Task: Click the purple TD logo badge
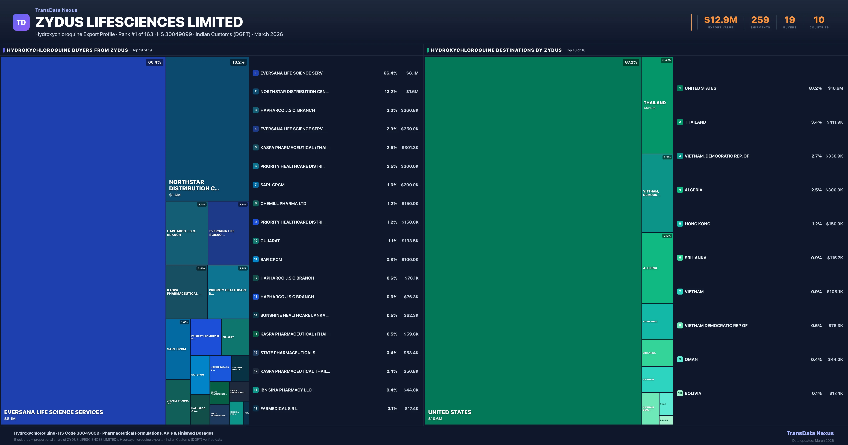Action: (21, 22)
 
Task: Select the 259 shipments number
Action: (760, 20)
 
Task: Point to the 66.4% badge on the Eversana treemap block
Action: (154, 62)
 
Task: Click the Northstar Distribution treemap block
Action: (207, 128)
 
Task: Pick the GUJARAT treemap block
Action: (235, 337)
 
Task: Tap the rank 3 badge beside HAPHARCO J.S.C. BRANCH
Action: (255, 110)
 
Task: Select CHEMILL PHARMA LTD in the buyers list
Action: (283, 203)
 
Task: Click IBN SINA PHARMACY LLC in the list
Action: (286, 390)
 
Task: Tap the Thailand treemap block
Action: (657, 105)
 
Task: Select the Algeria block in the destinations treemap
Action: (657, 268)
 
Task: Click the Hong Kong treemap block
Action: (657, 321)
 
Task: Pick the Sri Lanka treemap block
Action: (657, 353)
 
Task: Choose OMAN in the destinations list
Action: (691, 359)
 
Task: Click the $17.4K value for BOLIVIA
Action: (836, 393)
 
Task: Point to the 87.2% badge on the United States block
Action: (631, 62)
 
